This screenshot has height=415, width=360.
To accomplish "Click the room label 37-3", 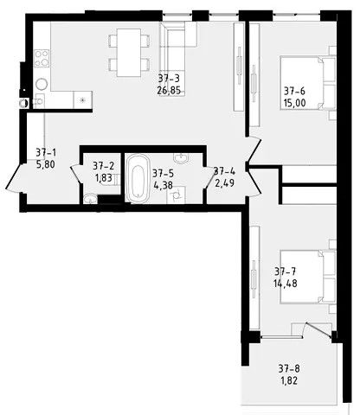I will tap(168, 78).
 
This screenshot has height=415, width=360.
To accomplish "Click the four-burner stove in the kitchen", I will tap(40, 61).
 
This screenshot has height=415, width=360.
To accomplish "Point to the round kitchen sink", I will tap(40, 85).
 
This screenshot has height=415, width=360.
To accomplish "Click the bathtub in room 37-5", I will tap(138, 179).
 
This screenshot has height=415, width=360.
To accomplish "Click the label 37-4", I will tap(224, 170).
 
